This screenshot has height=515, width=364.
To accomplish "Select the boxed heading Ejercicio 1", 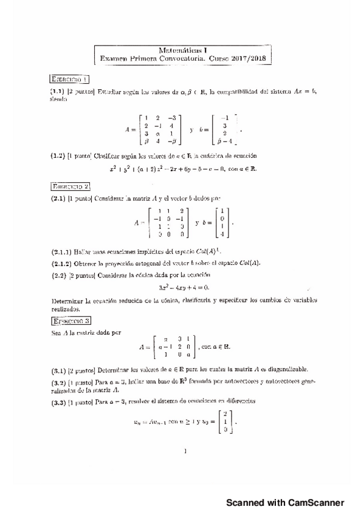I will [70, 79].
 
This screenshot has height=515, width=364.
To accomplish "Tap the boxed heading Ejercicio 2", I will [70, 186].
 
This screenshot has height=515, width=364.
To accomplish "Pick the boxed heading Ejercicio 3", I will [70, 321].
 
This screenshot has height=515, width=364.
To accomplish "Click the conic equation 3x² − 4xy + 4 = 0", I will [183, 287].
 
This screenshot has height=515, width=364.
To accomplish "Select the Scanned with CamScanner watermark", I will [285, 502].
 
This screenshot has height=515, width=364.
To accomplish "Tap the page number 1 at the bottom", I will [184, 451].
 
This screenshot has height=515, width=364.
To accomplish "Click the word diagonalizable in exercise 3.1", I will [287, 369].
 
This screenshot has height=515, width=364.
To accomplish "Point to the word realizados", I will [66, 308].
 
